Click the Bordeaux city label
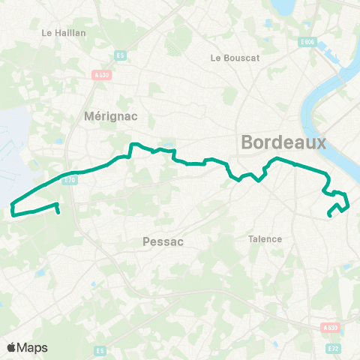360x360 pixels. click(284, 142)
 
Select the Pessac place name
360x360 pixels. click(163, 241)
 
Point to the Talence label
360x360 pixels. click(265, 239)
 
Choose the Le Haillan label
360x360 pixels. click(64, 33)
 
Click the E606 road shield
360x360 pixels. click(306, 42)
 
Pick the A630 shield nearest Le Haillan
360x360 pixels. click(101, 74)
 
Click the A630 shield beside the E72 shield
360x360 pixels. click(329, 328)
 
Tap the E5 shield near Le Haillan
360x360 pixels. click(119, 55)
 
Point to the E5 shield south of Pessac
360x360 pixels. click(100, 350)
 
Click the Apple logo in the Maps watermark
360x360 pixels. click(11, 347)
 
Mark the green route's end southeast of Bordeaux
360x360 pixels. click(330, 216)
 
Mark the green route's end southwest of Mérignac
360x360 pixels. click(58, 212)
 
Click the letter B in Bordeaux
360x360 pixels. click(248, 142)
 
